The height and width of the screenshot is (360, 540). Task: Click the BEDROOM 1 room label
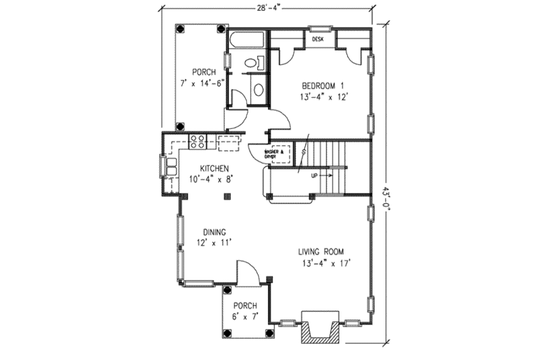coord(323,86)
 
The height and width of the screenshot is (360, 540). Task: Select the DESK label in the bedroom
coord(319,40)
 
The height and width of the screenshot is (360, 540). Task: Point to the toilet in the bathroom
coord(252,63)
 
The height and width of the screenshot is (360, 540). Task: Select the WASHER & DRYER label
coord(279,153)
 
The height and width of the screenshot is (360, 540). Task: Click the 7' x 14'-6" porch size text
coord(201,84)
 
